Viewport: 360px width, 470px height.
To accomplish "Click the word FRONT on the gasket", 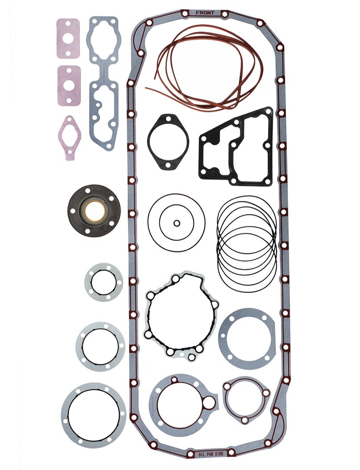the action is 205,13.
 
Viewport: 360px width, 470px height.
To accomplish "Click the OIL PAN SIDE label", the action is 211,454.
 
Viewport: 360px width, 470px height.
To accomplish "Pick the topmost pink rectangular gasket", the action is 68,39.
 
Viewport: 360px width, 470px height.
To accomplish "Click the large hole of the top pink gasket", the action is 68,39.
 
